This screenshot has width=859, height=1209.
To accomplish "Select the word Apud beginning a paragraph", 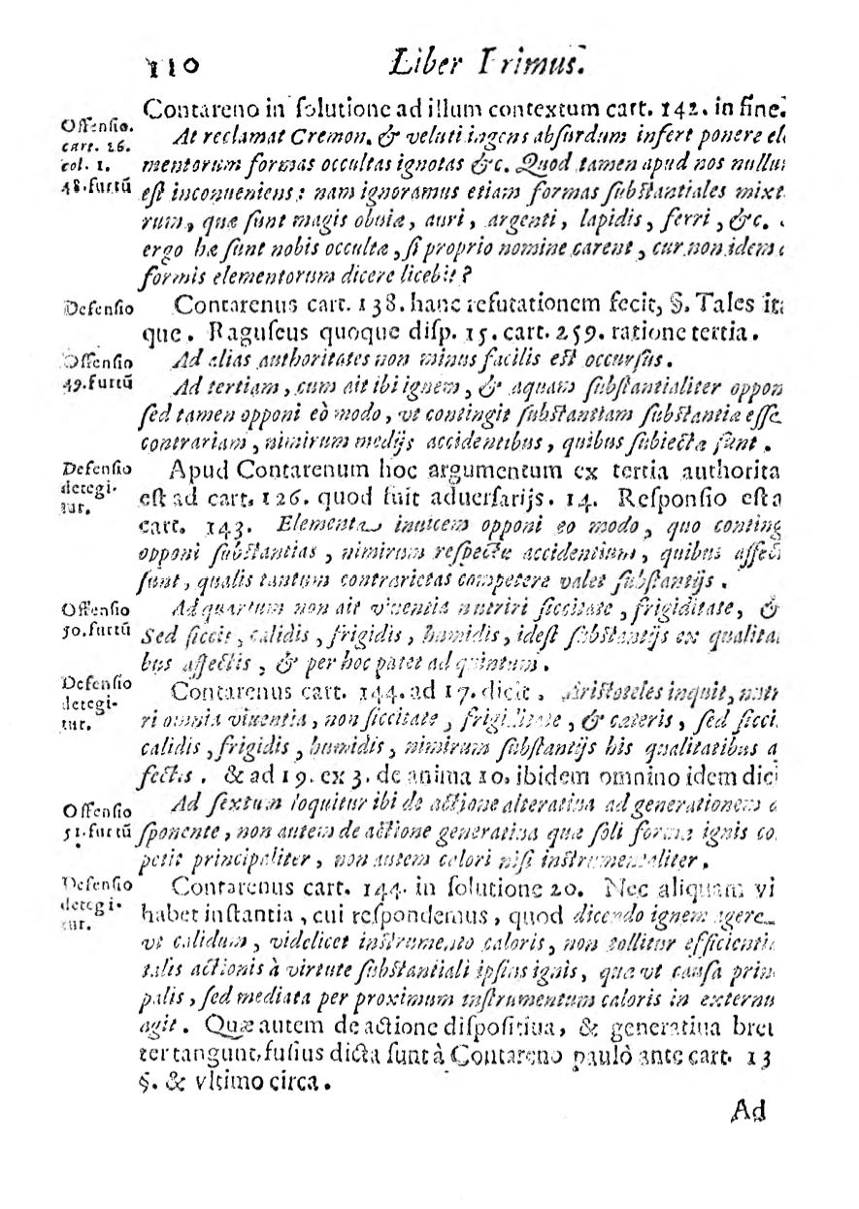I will click(199, 473).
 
